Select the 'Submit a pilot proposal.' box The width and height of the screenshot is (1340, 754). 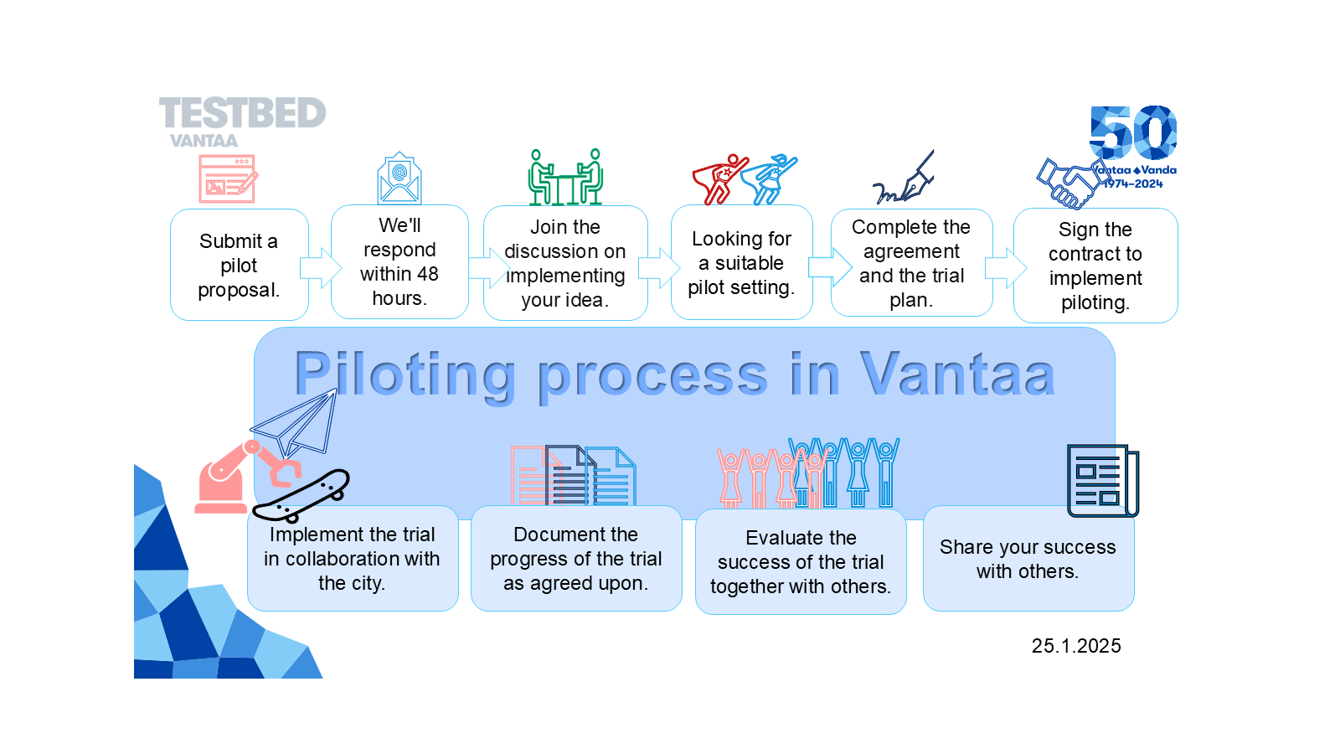239,265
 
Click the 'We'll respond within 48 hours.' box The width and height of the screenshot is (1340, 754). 399,262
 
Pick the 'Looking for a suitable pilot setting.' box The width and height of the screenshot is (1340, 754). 741,263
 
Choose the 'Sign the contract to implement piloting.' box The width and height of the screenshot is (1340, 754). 1095,266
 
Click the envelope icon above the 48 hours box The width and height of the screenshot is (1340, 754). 399,178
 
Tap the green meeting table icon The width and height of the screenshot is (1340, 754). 565,178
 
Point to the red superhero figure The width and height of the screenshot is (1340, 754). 719,178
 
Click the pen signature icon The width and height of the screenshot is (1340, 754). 904,179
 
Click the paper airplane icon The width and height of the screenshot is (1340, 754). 296,423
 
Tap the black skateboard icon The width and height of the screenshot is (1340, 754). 301,494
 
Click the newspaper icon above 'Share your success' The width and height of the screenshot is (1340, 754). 1102,480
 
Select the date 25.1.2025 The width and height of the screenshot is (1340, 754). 1076,646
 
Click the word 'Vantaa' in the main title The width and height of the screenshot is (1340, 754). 956,374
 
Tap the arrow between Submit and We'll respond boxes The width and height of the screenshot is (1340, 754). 320,268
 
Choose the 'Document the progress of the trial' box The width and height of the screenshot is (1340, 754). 576,558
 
